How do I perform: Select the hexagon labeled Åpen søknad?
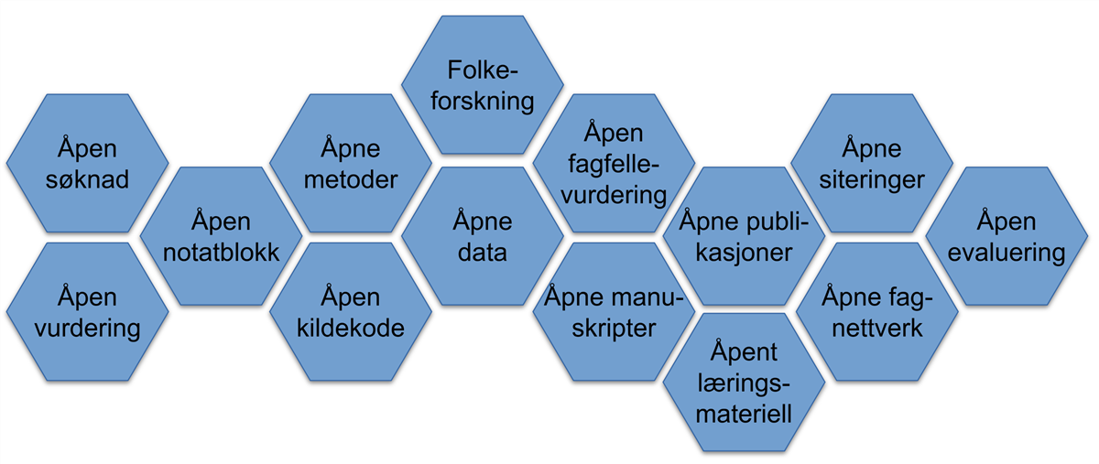click(87, 163)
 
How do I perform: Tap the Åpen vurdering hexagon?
click(87, 312)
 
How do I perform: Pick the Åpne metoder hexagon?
click(350, 163)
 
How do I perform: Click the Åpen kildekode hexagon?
click(350, 312)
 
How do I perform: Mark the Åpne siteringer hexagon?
click(871, 163)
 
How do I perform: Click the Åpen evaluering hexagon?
click(1006, 236)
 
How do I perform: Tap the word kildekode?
click(350, 328)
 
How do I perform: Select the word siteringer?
click(871, 178)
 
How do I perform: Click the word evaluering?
click(1006, 252)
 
